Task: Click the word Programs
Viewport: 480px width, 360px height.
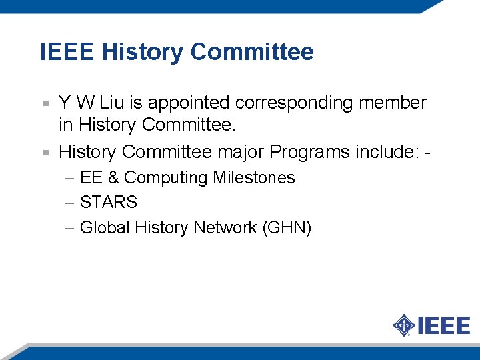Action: point(309,152)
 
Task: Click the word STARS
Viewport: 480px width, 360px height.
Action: point(108,202)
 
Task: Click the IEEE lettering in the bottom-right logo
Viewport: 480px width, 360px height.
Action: point(444,326)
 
